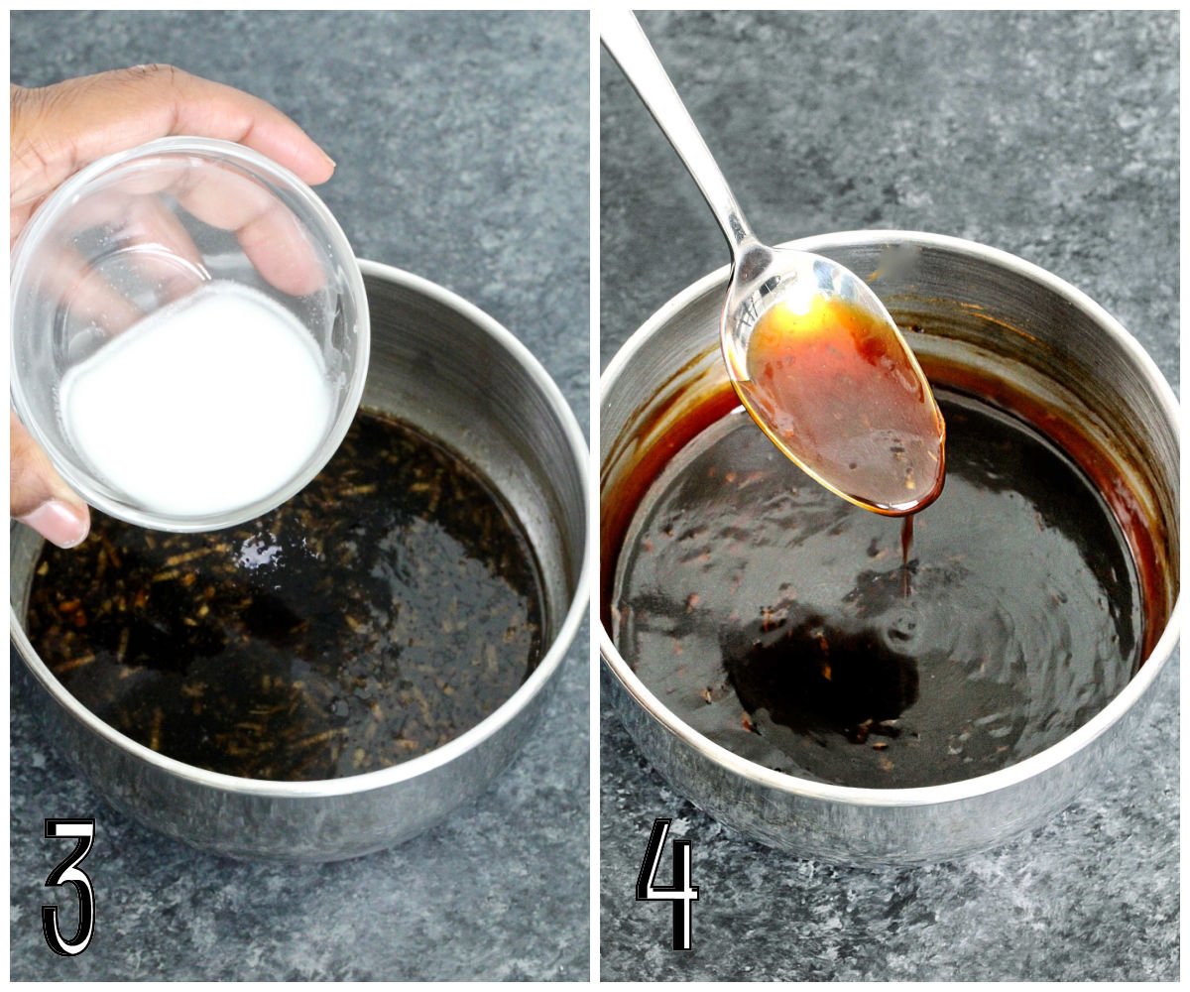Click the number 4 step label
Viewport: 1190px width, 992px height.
(x=667, y=883)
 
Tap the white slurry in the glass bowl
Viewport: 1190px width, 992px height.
(x=198, y=397)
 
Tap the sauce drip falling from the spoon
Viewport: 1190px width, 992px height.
(x=905, y=551)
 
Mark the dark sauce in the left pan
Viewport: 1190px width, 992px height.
(x=297, y=645)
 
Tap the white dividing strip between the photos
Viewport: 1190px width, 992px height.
(x=595, y=496)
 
